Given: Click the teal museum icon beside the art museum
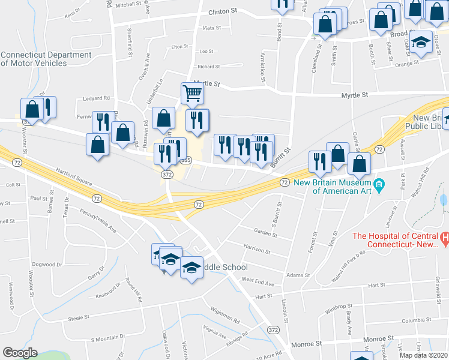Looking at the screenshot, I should [x=379, y=184].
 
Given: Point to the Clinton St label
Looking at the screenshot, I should [x=223, y=11].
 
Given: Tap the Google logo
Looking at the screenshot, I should [x=20, y=353].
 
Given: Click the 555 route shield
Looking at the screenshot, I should [x=186, y=160].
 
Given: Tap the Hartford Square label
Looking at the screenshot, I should [x=71, y=179].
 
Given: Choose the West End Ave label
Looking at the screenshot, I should [x=258, y=280].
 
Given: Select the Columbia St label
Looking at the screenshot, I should [x=417, y=320].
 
